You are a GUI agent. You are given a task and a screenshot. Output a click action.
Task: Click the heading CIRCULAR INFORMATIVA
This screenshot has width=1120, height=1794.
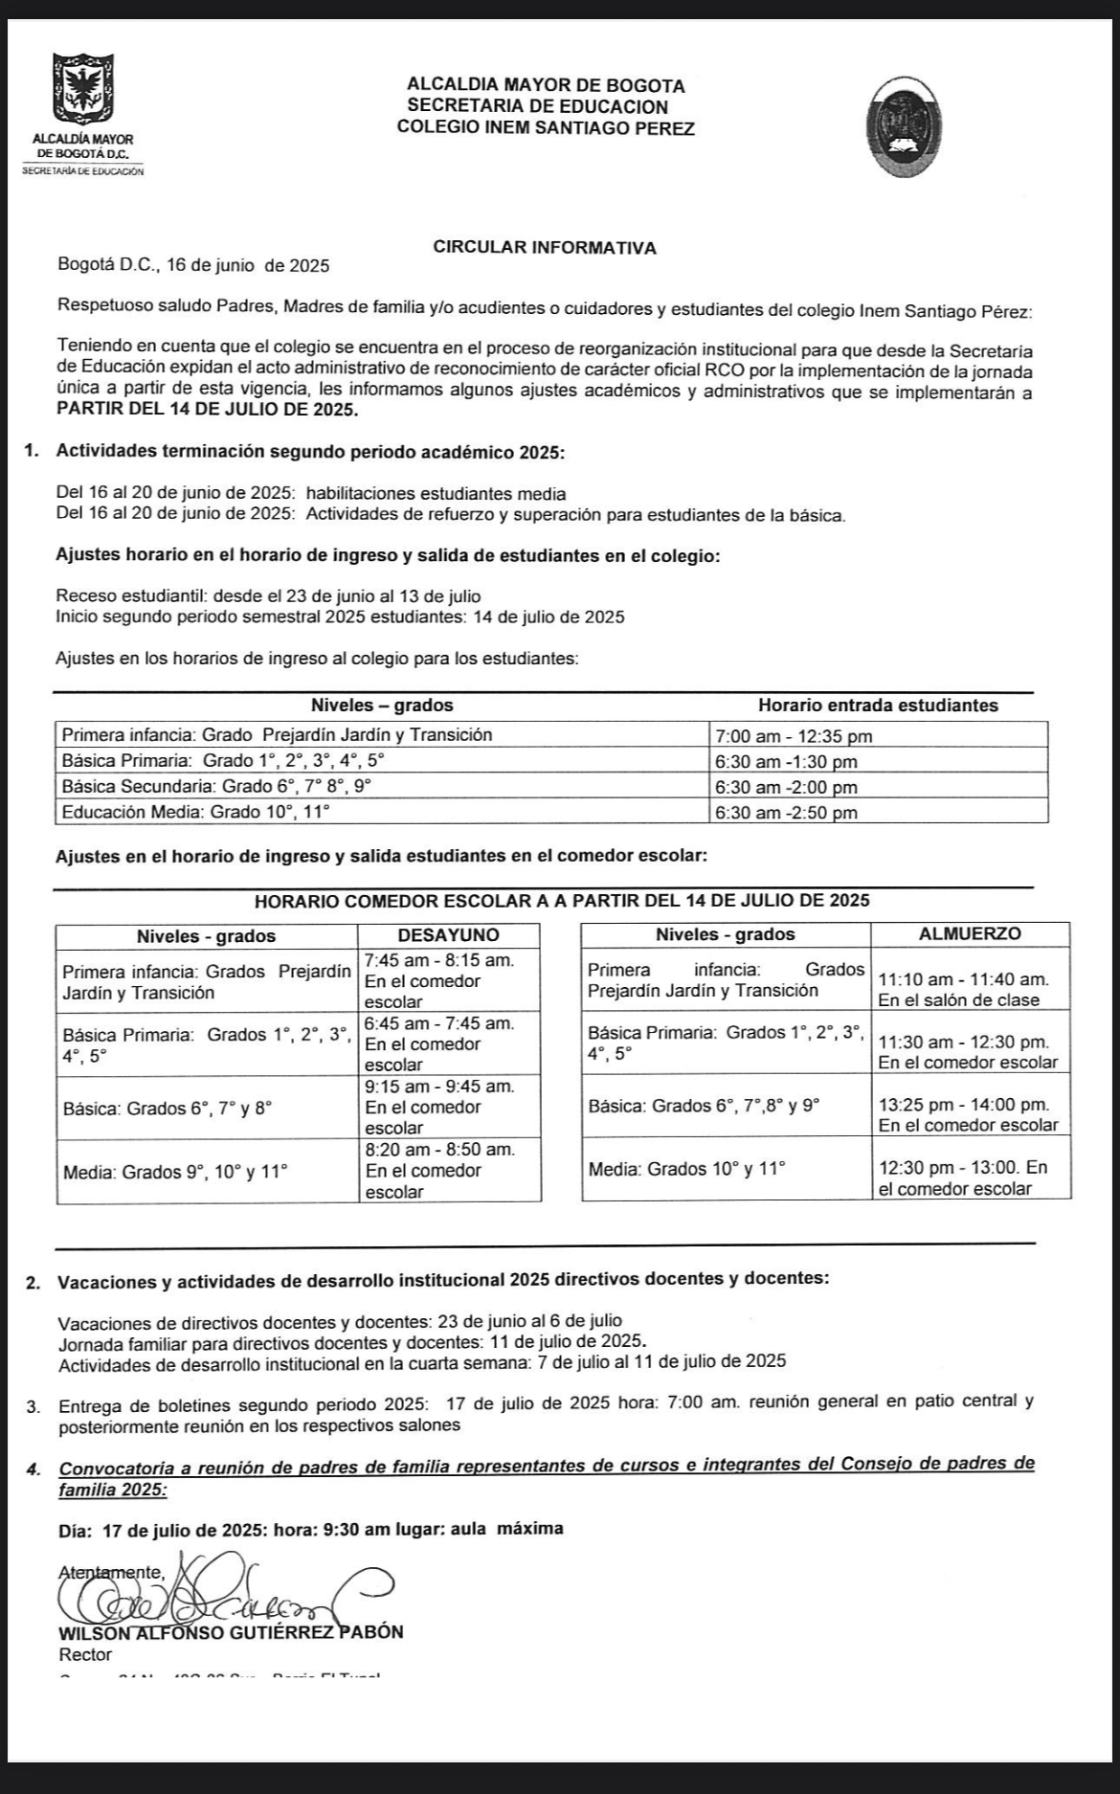545,247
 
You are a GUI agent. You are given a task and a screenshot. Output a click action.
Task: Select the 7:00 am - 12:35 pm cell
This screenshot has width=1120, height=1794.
793,736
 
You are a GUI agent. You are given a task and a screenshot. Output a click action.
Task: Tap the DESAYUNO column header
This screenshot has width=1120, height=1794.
448,935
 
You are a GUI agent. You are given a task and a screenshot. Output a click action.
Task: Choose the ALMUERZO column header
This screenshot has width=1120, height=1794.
970,933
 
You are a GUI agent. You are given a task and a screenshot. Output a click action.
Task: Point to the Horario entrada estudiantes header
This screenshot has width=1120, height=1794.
878,706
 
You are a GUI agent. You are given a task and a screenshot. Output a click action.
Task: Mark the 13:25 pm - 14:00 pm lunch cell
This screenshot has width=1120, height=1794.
968,1114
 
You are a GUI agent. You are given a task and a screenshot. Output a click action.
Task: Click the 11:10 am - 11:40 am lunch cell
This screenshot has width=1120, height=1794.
963,989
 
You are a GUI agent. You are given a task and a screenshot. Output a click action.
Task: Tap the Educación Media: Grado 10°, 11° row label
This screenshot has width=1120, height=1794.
195,813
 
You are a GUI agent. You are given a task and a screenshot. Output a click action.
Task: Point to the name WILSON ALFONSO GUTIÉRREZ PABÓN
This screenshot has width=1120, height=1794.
231,1632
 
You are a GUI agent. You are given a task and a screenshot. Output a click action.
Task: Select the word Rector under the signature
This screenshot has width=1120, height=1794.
85,1654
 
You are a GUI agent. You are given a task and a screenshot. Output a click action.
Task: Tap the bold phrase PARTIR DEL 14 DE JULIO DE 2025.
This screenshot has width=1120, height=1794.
208,410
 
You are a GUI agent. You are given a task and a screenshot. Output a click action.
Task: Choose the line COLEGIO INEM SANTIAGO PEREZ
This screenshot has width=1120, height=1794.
546,127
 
